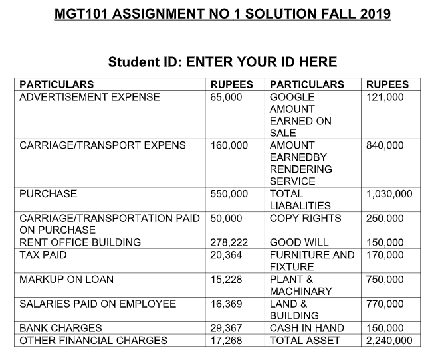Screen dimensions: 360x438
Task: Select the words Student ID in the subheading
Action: (x=145, y=62)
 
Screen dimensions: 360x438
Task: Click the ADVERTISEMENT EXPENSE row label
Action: (x=90, y=97)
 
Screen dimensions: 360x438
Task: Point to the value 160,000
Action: (x=229, y=145)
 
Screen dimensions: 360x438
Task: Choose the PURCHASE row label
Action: (x=48, y=194)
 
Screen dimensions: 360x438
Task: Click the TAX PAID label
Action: (x=43, y=254)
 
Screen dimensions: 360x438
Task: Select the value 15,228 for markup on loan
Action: (x=227, y=279)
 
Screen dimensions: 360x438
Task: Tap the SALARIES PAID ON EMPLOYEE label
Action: (x=98, y=304)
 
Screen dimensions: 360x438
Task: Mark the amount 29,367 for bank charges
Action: (x=227, y=328)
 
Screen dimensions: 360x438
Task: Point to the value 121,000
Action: (x=385, y=97)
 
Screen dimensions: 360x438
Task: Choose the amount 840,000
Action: (x=385, y=145)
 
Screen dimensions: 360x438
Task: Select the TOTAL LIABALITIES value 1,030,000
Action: (x=389, y=194)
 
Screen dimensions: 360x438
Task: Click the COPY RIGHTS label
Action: (x=305, y=218)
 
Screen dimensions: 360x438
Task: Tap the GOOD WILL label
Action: (x=299, y=242)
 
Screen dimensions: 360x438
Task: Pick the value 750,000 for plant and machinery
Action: (x=385, y=279)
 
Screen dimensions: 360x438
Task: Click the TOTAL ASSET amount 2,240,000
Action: (x=389, y=341)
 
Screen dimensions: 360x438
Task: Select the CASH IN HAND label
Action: (x=307, y=328)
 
